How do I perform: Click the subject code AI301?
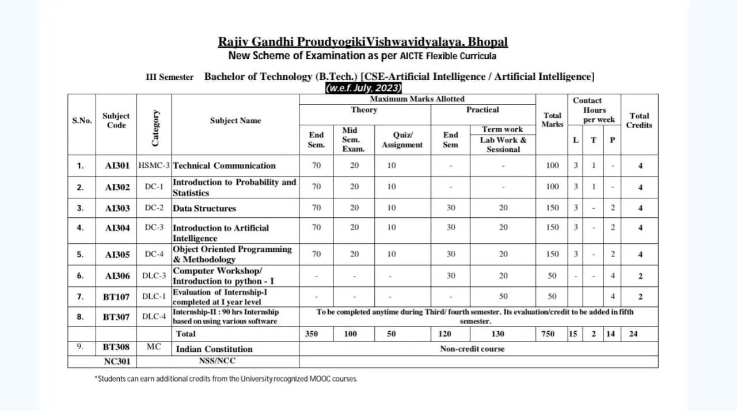[x=117, y=166]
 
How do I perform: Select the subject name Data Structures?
[x=204, y=208]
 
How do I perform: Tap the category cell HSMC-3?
[x=154, y=166]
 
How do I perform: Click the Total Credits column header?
[x=639, y=120]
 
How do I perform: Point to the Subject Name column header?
[x=235, y=121]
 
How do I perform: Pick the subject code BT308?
[x=116, y=347]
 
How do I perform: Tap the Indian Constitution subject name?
[x=214, y=349]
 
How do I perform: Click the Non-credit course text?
[x=472, y=348]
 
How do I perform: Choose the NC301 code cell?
[x=117, y=362]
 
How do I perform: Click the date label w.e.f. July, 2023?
[x=363, y=89]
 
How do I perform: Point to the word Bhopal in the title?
[x=488, y=42]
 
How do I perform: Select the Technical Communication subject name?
[x=224, y=166]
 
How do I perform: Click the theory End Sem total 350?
[x=311, y=333]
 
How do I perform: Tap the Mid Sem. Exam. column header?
[x=354, y=140]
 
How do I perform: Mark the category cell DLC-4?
[x=154, y=316]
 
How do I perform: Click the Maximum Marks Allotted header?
[x=417, y=99]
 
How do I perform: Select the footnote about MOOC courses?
[x=226, y=379]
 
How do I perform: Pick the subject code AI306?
[x=117, y=276]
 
